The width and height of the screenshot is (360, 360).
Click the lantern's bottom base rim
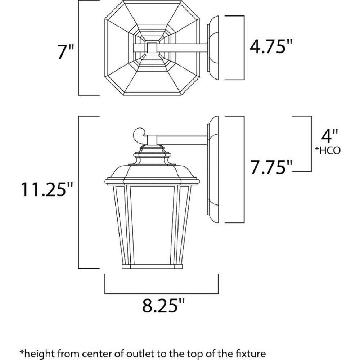point(152,266)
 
